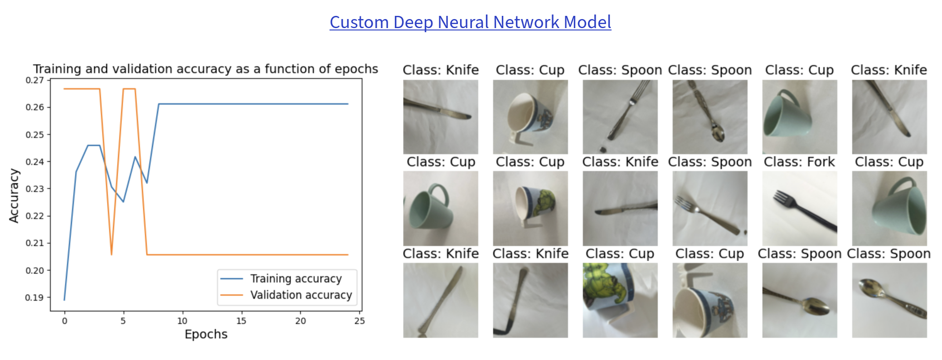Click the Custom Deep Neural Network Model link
point(471,22)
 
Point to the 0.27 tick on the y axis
point(35,80)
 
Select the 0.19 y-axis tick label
point(35,297)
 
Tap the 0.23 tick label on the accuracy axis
point(35,189)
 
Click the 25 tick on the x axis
point(359,321)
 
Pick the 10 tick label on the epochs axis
point(182,321)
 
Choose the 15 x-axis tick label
point(241,321)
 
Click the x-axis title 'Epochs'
point(206,334)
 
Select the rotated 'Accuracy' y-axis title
point(14,195)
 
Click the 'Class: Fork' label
point(799,162)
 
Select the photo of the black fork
point(800,209)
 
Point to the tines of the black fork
point(782,197)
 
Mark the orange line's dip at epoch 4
point(112,254)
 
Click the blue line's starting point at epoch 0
point(64,300)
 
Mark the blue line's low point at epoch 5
point(123,201)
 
